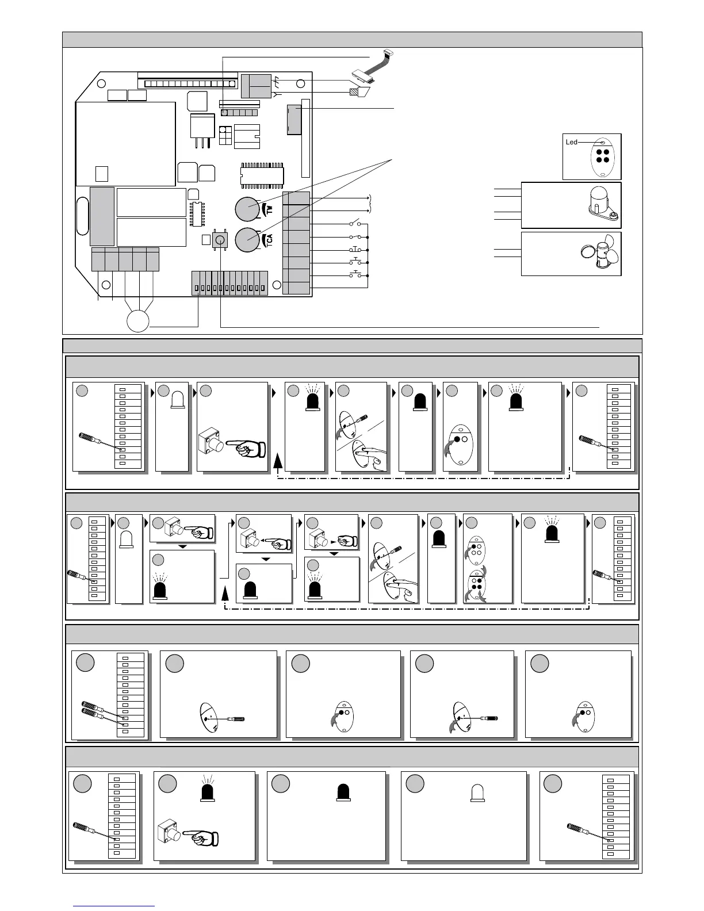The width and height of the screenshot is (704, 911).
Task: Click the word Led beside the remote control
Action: [x=571, y=142]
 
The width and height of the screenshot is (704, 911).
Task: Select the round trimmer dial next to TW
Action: [x=248, y=209]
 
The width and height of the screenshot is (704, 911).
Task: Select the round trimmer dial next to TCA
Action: [x=248, y=240]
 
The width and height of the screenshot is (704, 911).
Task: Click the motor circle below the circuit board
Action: [x=138, y=321]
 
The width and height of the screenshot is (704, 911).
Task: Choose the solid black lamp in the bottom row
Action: [x=343, y=792]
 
